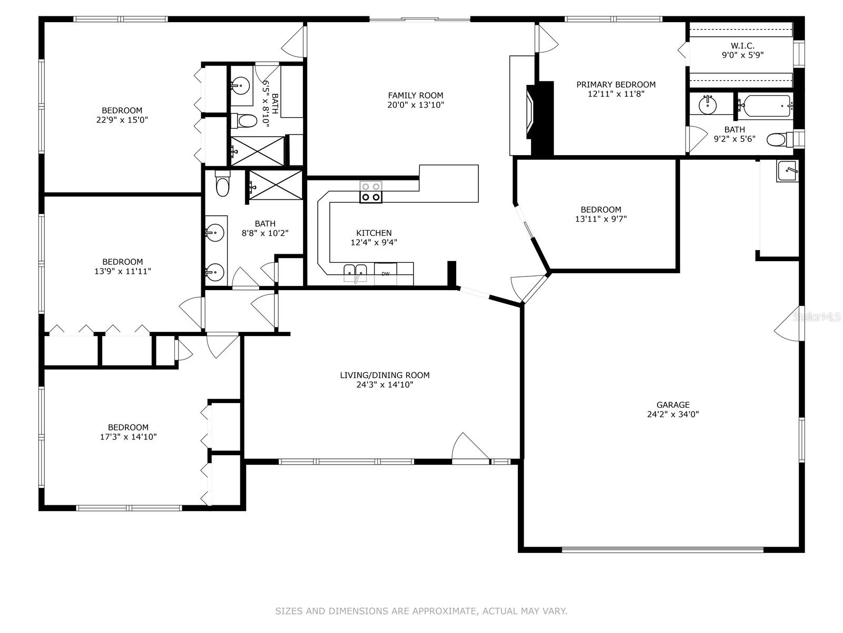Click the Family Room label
click(x=416, y=95)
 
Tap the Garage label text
click(x=673, y=405)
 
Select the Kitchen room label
click(x=374, y=233)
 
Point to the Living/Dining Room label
click(x=385, y=375)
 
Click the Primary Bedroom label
click(x=616, y=84)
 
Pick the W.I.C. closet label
click(x=742, y=46)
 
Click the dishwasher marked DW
click(x=386, y=274)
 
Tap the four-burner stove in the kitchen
click(x=370, y=192)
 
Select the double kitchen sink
click(x=355, y=273)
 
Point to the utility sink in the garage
click(x=787, y=170)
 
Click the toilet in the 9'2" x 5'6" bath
click(x=780, y=139)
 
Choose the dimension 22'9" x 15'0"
click(x=122, y=120)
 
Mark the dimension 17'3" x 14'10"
click(x=128, y=437)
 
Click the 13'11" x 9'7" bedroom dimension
click(x=601, y=219)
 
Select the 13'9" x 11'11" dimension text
click(x=123, y=271)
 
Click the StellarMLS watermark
click(x=817, y=317)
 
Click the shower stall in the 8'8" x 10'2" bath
click(x=276, y=185)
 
